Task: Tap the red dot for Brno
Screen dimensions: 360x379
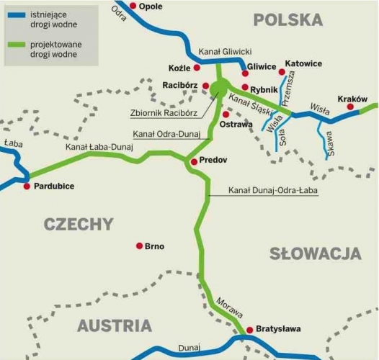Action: click(139, 246)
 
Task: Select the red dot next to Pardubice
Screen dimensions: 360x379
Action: click(27, 186)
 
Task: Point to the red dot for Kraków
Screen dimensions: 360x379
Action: click(350, 107)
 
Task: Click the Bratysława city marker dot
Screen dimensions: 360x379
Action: click(250, 330)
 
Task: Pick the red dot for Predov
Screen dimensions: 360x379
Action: click(193, 161)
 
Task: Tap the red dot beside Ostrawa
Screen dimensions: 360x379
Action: click(226, 114)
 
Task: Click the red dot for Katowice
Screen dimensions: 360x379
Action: click(282, 72)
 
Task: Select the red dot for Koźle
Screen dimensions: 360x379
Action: click(197, 68)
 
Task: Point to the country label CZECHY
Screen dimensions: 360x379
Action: click(79, 224)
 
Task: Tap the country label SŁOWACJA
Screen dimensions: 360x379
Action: click(315, 253)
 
